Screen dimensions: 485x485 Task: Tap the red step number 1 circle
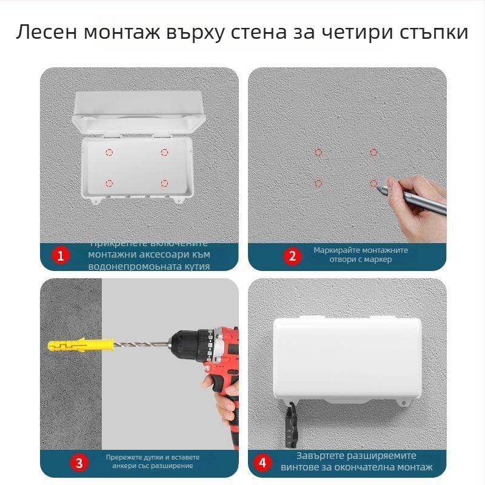click(59, 256)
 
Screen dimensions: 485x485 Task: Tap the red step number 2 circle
click(292, 256)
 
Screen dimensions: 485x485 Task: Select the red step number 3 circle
click(79, 463)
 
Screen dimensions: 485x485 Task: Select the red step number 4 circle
click(262, 463)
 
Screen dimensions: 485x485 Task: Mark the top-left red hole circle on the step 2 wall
click(318, 153)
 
